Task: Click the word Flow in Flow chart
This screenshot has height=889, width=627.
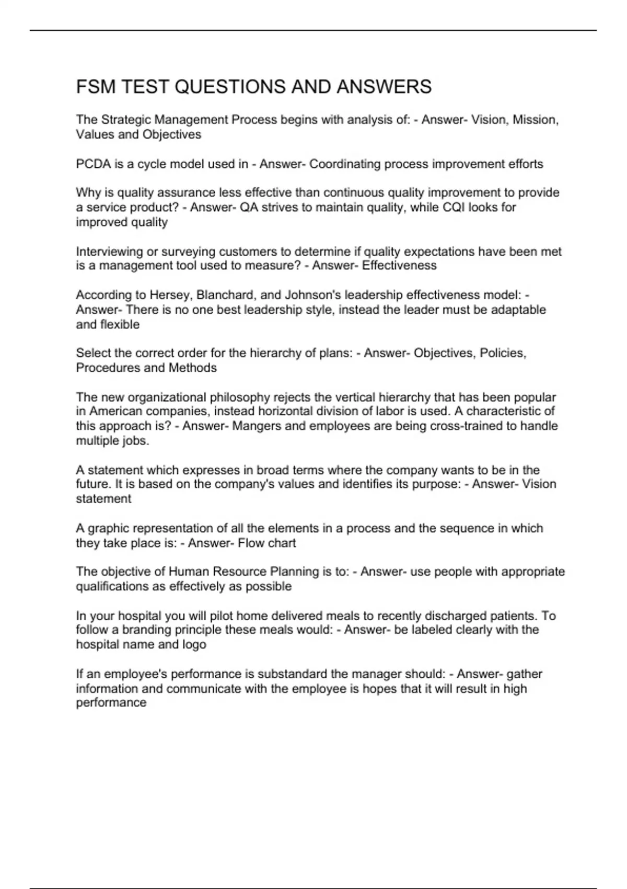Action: [x=251, y=543]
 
